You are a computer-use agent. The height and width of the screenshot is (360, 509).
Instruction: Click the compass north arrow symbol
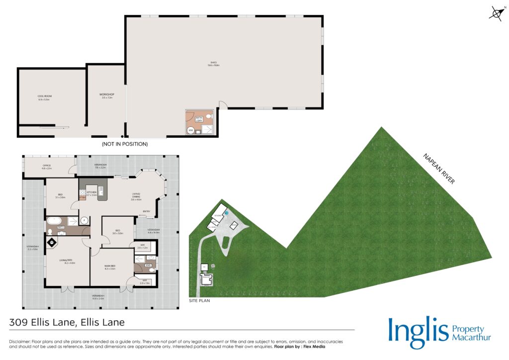(496, 13)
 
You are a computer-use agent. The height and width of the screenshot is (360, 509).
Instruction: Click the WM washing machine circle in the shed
(190, 130)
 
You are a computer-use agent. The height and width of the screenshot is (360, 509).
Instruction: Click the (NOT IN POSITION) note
(125, 144)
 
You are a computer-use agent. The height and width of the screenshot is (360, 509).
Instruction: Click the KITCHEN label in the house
(91, 193)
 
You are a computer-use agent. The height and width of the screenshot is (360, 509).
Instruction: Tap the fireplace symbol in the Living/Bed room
(52, 242)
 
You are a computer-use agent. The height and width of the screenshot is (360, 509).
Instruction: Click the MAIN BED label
(110, 267)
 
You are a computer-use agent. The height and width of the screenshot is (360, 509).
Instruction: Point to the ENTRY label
(147, 211)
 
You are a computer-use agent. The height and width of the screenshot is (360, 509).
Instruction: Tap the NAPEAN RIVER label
(438, 169)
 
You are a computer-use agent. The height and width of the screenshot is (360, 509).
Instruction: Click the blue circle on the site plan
(226, 213)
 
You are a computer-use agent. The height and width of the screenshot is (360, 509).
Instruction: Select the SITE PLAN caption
(200, 301)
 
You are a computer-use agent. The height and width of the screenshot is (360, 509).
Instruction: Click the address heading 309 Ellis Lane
(67, 322)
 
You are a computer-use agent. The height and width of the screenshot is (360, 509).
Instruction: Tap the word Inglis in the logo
(417, 332)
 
